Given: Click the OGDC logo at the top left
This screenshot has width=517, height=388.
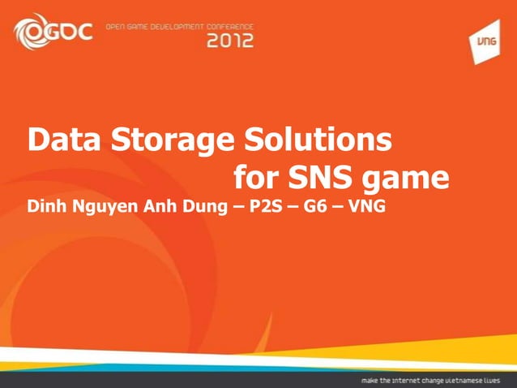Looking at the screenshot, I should pyautogui.click(x=53, y=32).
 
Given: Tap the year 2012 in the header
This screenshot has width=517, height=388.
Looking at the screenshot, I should pyautogui.click(x=231, y=40).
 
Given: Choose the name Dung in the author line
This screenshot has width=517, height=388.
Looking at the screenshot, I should pyautogui.click(x=203, y=208).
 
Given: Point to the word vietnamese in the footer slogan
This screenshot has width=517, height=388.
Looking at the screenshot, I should pyautogui.click(x=469, y=379).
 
